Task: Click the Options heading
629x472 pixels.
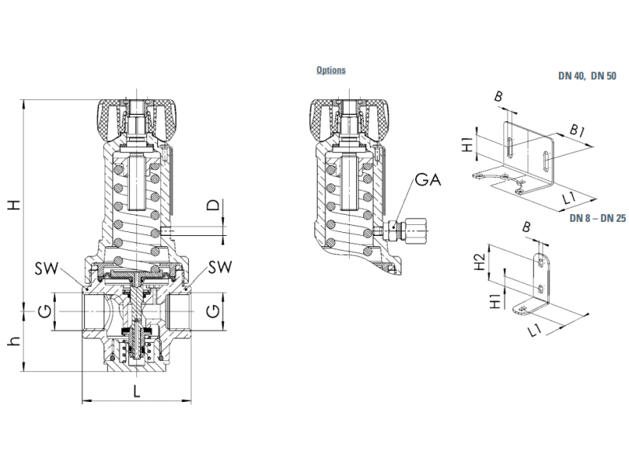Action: point(331,70)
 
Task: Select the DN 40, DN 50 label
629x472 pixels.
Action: point(587,76)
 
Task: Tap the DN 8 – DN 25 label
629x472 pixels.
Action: point(598,218)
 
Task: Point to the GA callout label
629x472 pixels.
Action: point(428,179)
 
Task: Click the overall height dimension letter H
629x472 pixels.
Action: point(15,205)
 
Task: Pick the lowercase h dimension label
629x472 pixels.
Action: point(15,341)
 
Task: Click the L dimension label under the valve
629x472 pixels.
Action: point(137,391)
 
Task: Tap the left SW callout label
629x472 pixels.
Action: point(46,268)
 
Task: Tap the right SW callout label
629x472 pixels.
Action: point(220,267)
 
